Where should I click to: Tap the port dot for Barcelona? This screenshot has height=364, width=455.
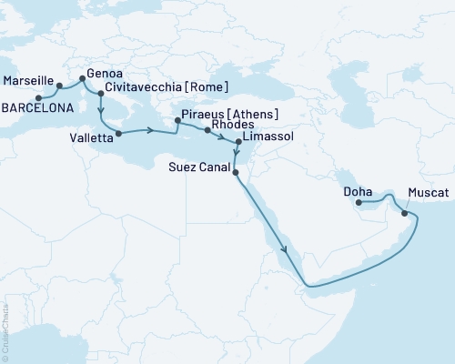(38, 97)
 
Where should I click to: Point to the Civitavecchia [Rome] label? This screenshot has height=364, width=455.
(166, 87)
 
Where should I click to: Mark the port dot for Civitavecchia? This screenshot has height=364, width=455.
(99, 93)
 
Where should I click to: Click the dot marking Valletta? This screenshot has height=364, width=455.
(118, 133)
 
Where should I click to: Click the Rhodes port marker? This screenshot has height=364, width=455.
(208, 131)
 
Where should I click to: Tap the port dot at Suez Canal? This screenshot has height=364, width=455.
(236, 171)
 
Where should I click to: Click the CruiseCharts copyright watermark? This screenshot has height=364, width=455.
(5, 329)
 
